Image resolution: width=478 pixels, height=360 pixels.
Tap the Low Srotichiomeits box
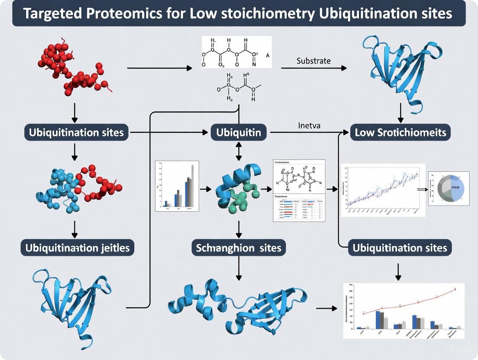tap(400, 132)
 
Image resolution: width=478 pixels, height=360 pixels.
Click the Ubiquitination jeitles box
tap(78, 248)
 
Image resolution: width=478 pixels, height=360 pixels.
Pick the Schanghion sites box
tap(239, 248)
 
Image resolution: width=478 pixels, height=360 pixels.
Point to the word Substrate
tap(313, 61)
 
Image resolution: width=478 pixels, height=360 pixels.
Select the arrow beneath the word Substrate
tap(313, 68)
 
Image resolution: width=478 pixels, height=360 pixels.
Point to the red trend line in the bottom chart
tap(411, 301)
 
